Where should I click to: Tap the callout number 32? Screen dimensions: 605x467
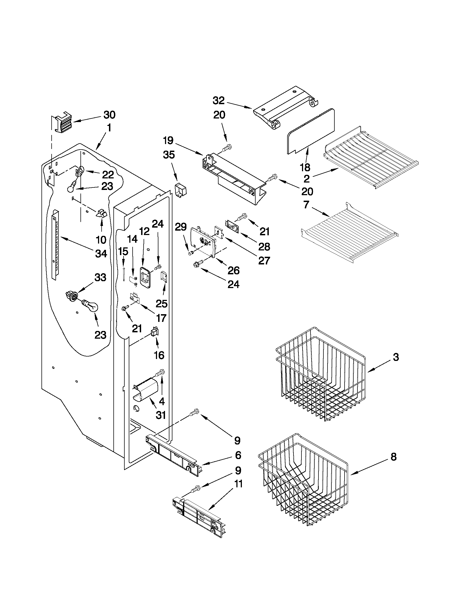click(x=219, y=100)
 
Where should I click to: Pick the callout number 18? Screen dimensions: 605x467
click(x=305, y=167)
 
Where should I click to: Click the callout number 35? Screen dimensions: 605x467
click(x=169, y=154)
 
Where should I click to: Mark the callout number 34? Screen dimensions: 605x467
click(x=101, y=253)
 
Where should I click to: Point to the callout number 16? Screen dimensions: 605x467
click(x=159, y=355)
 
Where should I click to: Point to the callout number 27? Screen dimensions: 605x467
click(x=264, y=260)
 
